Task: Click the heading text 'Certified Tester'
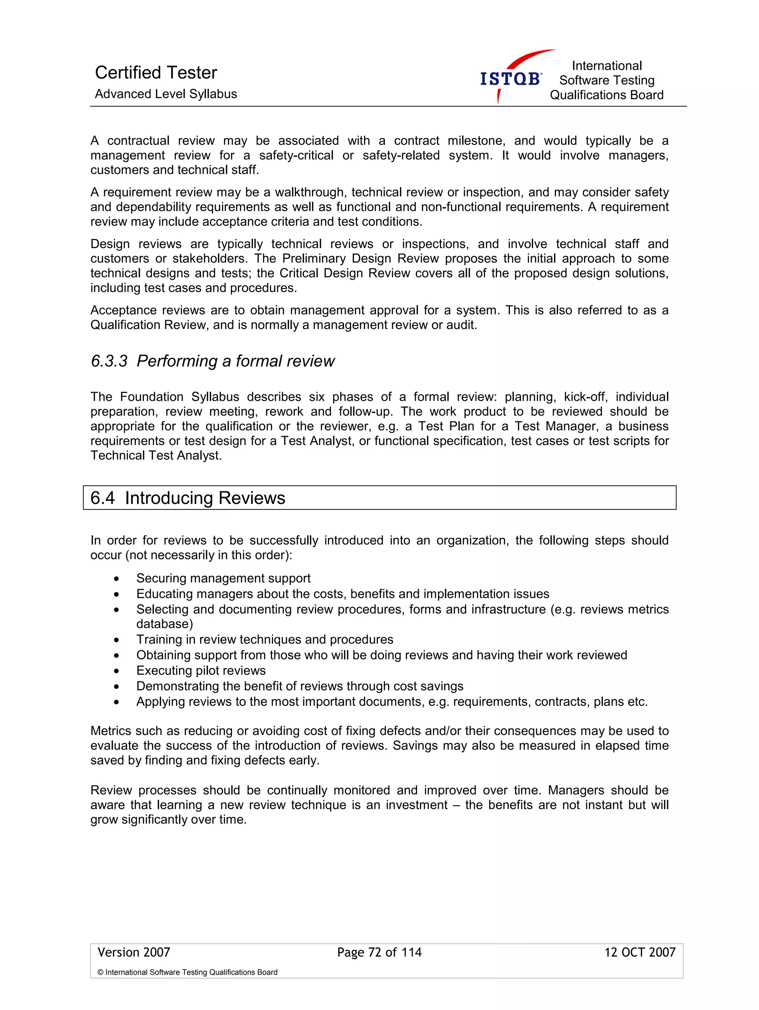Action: [156, 73]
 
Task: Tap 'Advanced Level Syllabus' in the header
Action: [166, 94]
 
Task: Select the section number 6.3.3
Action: [109, 361]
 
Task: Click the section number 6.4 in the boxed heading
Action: [102, 498]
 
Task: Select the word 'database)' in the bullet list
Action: [165, 624]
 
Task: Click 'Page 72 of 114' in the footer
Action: [379, 952]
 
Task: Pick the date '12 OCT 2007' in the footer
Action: [639, 952]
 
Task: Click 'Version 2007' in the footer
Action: [134, 952]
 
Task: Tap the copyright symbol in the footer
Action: [100, 972]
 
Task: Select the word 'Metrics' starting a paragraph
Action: [111, 731]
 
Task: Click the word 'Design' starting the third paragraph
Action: [110, 244]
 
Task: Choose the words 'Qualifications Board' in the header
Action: [606, 95]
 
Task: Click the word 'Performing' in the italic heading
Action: [177, 361]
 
